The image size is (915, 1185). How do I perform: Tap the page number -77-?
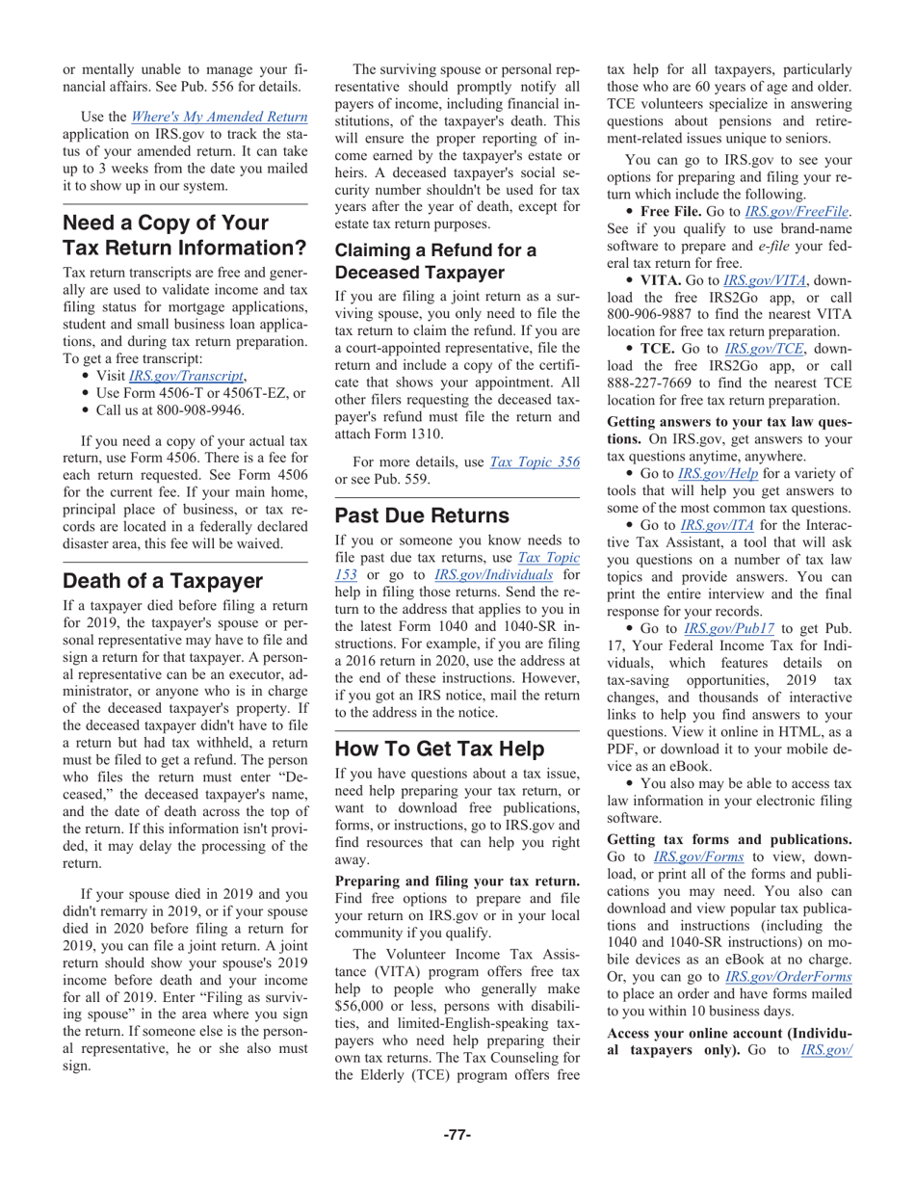457,1134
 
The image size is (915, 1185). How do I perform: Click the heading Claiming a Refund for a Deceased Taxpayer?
434,260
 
